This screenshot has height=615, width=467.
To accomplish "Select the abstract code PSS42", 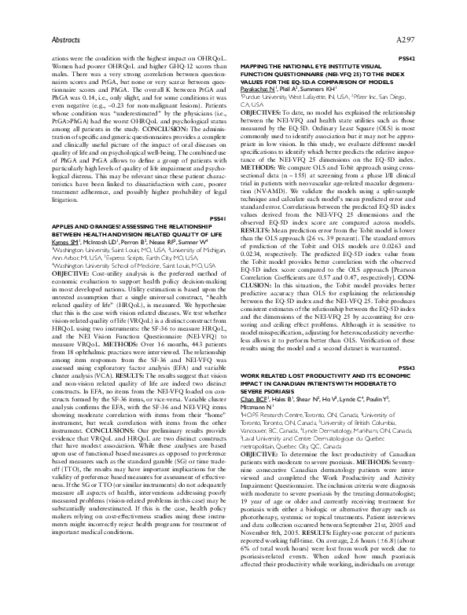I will [406, 59].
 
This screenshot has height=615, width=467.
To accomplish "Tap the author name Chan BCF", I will [259, 421].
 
